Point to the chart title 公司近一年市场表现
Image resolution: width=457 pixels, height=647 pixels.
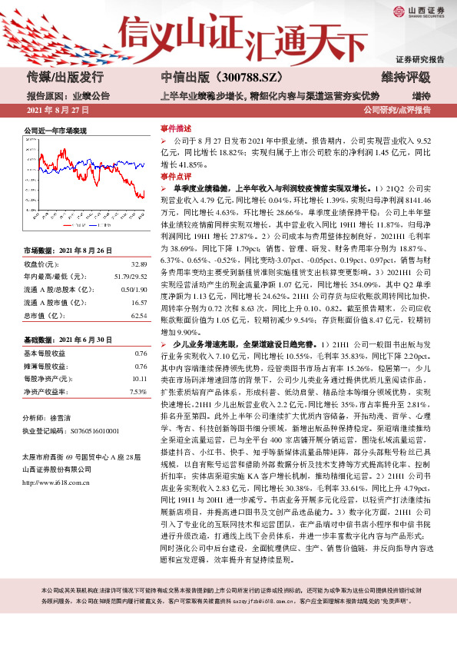click(55, 131)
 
